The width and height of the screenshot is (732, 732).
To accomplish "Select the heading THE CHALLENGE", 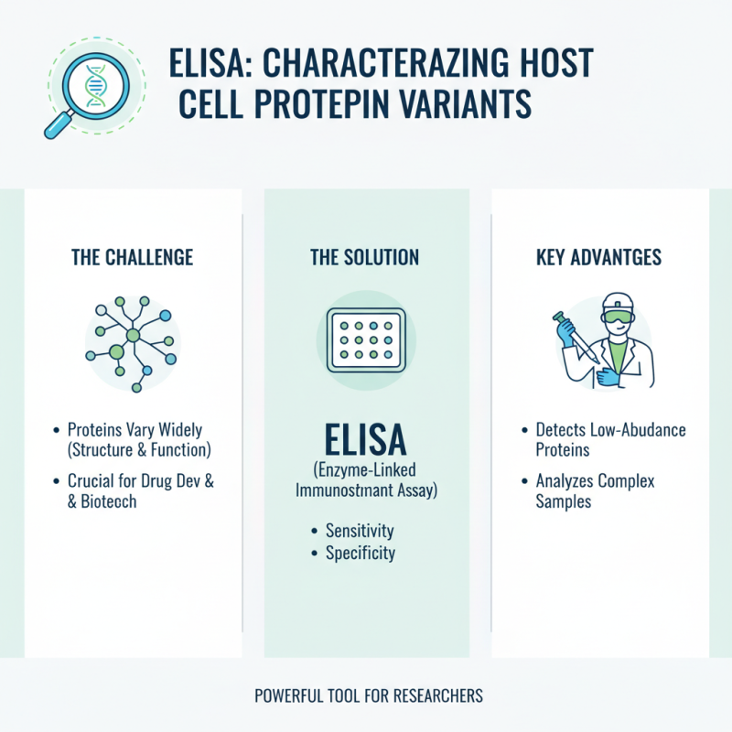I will [x=133, y=258].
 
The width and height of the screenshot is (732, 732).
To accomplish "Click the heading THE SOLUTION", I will [x=366, y=258].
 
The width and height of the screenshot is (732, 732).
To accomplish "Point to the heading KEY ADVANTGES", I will [x=600, y=258].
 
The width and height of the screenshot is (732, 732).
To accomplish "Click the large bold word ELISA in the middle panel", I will [x=366, y=442].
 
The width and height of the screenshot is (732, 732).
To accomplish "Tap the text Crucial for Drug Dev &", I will [x=141, y=481].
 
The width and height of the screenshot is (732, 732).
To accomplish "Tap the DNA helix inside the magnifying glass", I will [x=92, y=80].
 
